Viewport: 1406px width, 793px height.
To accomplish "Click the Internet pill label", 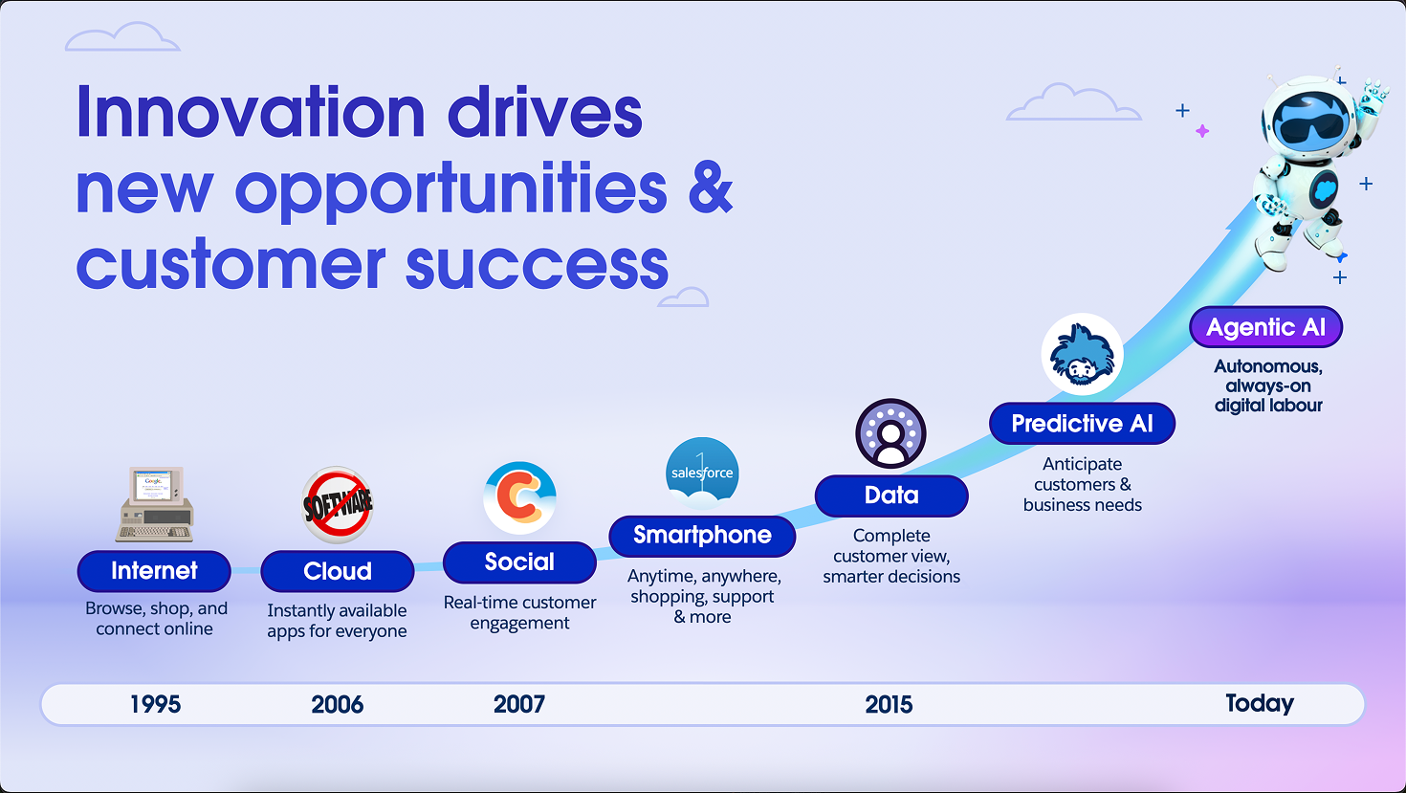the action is [154, 571].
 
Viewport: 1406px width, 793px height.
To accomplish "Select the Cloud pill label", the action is [337, 571].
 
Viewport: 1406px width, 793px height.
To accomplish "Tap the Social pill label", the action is [519, 562].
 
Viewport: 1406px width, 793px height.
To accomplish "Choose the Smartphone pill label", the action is [702, 536].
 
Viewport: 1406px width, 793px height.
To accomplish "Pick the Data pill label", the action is [891, 496].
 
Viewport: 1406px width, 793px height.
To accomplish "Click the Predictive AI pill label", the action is [1082, 423].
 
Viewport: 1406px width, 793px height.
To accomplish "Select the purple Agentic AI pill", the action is [1265, 327].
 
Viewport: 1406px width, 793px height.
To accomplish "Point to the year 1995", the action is [155, 704].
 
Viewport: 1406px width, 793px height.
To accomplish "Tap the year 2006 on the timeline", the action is [337, 704].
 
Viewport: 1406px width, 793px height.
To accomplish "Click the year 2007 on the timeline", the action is [519, 704].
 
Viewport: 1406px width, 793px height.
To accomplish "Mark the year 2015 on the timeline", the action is [889, 704].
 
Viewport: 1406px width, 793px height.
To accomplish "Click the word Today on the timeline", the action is [1260, 703].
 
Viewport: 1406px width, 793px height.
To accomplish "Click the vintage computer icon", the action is [154, 503].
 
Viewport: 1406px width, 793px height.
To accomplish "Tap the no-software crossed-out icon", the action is [338, 504].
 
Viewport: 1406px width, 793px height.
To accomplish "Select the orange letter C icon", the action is [519, 498].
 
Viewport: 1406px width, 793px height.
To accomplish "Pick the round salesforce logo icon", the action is [702, 473].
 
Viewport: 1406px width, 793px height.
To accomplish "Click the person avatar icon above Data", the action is [890, 433].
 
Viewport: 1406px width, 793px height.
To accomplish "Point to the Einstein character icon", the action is [1082, 354].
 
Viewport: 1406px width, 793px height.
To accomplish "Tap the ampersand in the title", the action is [711, 187].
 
